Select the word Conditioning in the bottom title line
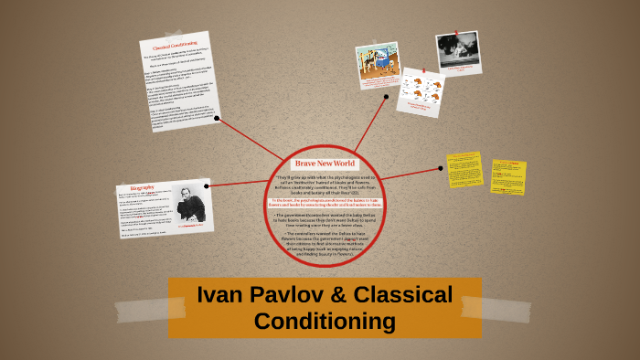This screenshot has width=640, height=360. pyautogui.click(x=325, y=321)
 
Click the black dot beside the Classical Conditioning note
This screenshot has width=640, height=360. pyautogui.click(x=217, y=118)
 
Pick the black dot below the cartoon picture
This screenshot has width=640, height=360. pyautogui.click(x=387, y=96)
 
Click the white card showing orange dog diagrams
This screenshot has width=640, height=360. pyautogui.click(x=422, y=92)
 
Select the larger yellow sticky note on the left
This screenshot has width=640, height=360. pyautogui.click(x=464, y=170)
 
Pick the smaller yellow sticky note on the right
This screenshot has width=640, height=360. pyautogui.click(x=507, y=177)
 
